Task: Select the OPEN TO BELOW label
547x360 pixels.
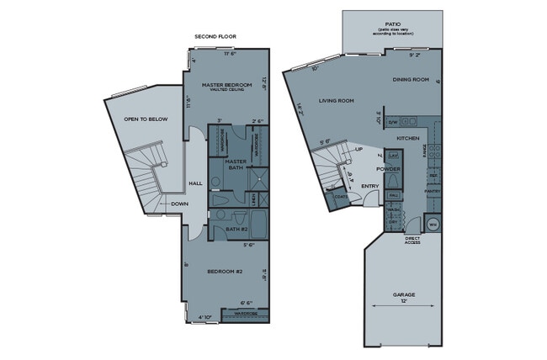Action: pyautogui.click(x=146, y=119)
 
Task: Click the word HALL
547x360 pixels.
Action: pyautogui.click(x=195, y=183)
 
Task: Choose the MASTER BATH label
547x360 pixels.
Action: pyautogui.click(x=236, y=164)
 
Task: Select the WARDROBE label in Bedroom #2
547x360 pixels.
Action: pyautogui.click(x=245, y=314)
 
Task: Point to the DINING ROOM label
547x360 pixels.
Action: pyautogui.click(x=411, y=80)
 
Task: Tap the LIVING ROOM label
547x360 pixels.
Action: pyautogui.click(x=336, y=101)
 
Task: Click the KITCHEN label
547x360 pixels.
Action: pyautogui.click(x=408, y=138)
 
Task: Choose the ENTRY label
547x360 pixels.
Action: pyautogui.click(x=369, y=186)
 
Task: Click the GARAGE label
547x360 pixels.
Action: pyautogui.click(x=403, y=294)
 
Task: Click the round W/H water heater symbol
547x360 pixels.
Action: pyautogui.click(x=433, y=225)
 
